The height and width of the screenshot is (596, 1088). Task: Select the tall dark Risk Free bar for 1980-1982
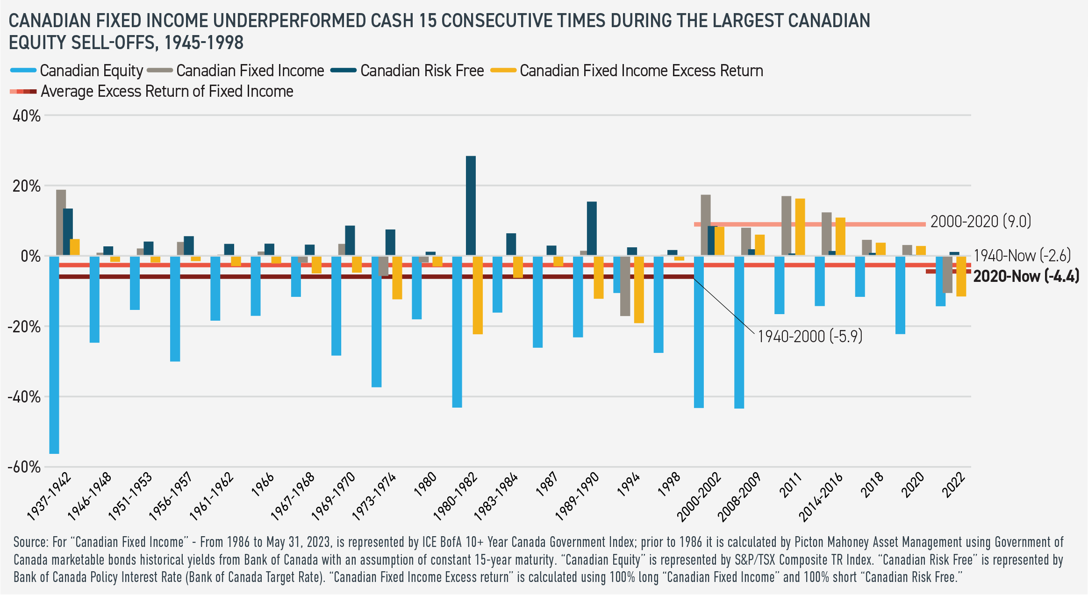[x=471, y=206]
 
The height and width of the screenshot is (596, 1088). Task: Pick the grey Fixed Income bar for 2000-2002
[x=706, y=225]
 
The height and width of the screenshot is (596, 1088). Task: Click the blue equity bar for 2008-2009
[x=739, y=332]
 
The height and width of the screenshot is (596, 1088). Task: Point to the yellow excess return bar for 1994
[x=639, y=289]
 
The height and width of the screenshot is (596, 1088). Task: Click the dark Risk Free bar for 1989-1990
[x=592, y=229]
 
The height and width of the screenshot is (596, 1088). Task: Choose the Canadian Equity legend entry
[x=91, y=71]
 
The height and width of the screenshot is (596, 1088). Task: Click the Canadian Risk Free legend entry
[x=422, y=71]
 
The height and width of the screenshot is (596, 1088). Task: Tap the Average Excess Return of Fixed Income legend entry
[x=167, y=91]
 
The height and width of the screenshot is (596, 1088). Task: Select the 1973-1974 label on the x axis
[x=374, y=496]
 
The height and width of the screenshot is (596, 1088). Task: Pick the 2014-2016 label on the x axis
[x=821, y=496]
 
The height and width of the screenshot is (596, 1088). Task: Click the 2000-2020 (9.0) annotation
[x=981, y=221]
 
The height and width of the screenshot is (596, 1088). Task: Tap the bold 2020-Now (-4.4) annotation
[x=1026, y=276]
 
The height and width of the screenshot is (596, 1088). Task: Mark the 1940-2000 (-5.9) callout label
[x=809, y=336]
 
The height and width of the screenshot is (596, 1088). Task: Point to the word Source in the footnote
[x=30, y=542]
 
